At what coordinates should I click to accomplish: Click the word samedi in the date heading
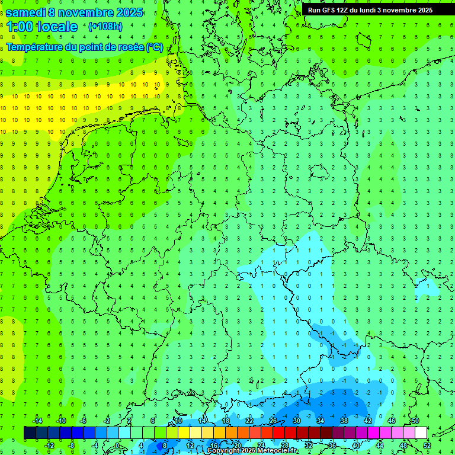(x=25, y=12)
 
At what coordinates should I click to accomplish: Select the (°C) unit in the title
(x=155, y=47)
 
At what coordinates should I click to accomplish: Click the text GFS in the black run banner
(x=328, y=10)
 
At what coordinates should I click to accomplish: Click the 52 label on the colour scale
(x=427, y=446)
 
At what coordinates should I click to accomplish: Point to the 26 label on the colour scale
(x=273, y=421)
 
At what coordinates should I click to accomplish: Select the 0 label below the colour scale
(x=118, y=446)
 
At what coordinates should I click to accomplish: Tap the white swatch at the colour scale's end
(x=421, y=433)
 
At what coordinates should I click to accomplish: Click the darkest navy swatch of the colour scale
(x=30, y=433)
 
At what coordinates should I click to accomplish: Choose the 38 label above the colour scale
(x=344, y=421)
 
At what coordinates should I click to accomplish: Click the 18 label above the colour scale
(x=226, y=421)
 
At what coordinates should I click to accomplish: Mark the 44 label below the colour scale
(x=379, y=446)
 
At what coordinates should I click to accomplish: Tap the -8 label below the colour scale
(x=71, y=446)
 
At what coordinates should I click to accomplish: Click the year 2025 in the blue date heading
(x=126, y=12)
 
